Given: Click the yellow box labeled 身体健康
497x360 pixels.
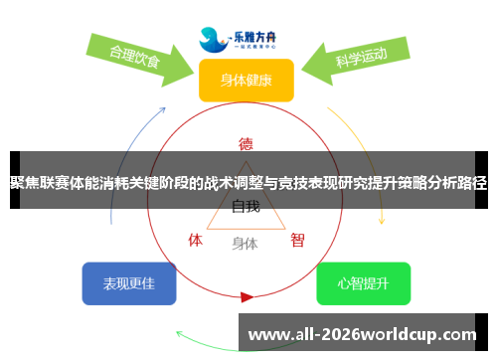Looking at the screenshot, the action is coord(246,80).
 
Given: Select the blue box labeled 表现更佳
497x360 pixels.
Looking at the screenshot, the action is coord(129,283).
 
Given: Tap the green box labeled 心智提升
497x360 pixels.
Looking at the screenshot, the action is coord(363,283).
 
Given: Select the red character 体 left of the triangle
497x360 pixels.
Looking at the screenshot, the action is coord(196,240).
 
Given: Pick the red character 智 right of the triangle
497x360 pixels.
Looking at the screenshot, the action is coord(297,240).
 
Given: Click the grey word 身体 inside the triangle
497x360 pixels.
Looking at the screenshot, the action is coord(246,243).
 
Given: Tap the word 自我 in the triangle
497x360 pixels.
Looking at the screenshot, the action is coord(246,207).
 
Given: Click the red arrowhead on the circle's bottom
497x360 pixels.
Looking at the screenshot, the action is coord(247,296).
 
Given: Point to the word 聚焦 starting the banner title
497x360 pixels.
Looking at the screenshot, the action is coord(22,181).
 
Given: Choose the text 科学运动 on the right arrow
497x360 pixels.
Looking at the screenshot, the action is coord(361,57).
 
